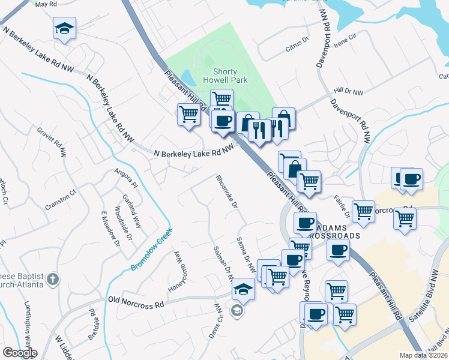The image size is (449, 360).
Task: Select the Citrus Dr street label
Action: coord(297,40)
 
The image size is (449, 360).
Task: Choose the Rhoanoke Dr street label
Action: coord(228,191)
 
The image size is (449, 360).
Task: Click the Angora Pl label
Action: coord(126,178)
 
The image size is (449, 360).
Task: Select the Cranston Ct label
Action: coord(61,200)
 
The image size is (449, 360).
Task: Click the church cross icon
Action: coord(53,279)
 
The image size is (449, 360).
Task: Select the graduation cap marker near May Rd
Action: coord(64,28)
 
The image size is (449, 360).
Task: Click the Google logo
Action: coord(20,353)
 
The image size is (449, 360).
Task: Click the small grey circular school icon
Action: coord(237,310)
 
